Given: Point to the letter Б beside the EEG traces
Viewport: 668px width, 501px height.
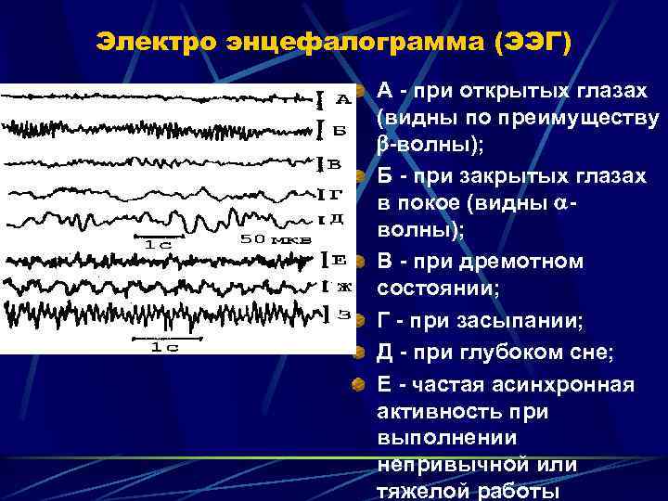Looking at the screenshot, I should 340,131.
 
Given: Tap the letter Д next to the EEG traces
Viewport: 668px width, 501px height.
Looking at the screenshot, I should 337,220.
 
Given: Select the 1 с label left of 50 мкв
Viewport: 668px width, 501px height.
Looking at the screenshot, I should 159,244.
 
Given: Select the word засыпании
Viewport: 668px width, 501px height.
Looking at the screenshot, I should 530,321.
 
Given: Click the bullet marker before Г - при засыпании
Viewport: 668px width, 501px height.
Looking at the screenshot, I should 357,322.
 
